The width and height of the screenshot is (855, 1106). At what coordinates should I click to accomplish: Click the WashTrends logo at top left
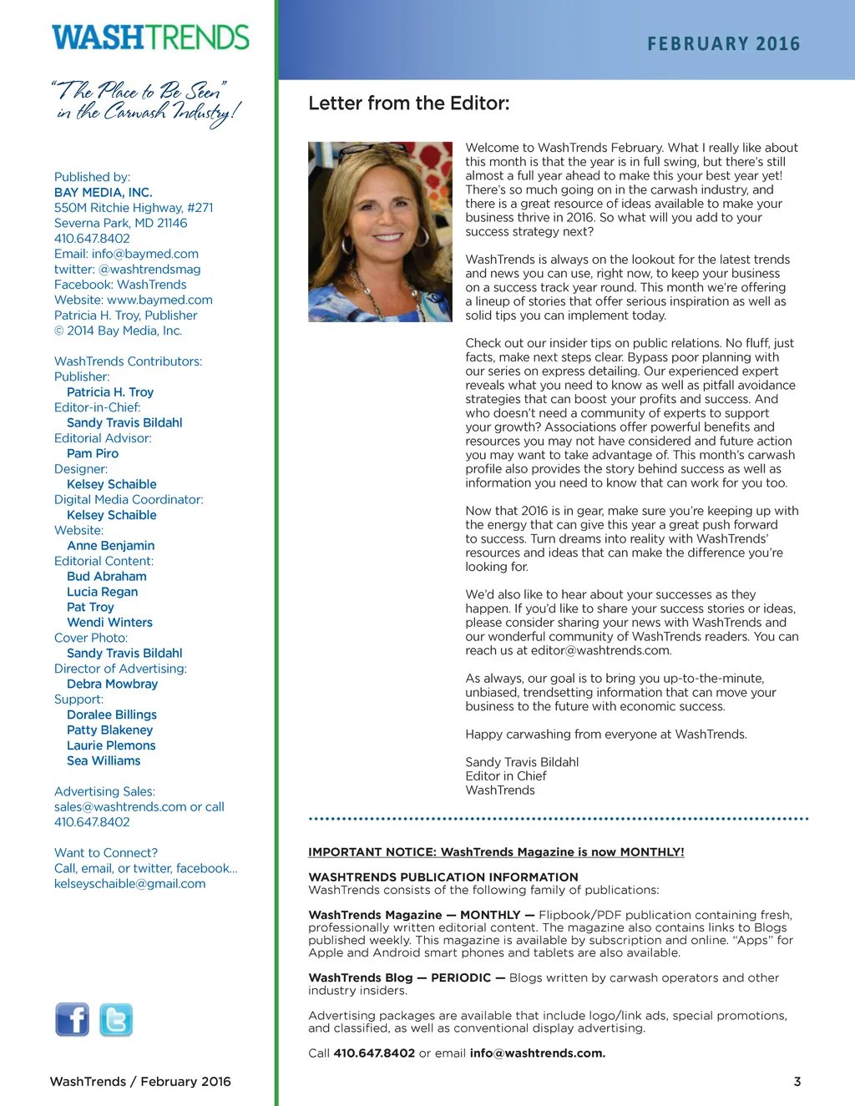(x=150, y=38)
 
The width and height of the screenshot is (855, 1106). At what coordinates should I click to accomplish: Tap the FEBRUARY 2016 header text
(x=723, y=43)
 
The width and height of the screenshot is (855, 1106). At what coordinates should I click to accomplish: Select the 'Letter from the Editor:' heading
(x=408, y=104)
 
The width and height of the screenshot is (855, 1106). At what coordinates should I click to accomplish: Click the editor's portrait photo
(x=380, y=231)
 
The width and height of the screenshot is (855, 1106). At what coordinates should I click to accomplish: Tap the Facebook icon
(x=73, y=1019)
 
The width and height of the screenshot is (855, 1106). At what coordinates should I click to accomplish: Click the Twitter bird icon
(x=116, y=1019)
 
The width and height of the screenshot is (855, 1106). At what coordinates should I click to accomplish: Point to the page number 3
(x=797, y=1081)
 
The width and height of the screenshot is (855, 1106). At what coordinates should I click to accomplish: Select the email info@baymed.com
(x=145, y=254)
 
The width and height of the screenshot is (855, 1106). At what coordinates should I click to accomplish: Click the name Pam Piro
(x=93, y=453)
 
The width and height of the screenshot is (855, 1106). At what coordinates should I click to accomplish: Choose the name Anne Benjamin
(x=110, y=546)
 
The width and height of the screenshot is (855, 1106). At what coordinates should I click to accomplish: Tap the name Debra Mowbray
(x=112, y=684)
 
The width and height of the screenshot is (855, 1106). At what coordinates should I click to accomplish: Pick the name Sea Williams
(x=104, y=760)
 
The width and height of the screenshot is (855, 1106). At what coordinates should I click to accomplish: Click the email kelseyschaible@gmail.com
(x=129, y=883)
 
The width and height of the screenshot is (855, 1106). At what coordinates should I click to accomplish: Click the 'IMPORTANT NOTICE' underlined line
(x=496, y=852)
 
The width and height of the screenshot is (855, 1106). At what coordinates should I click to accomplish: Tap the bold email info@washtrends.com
(x=537, y=1053)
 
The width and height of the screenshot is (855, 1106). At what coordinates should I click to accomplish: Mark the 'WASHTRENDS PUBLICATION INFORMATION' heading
(x=443, y=877)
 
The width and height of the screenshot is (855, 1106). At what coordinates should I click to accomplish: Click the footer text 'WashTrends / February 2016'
(x=140, y=1081)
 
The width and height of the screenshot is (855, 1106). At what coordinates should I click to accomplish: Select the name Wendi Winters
(x=109, y=623)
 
